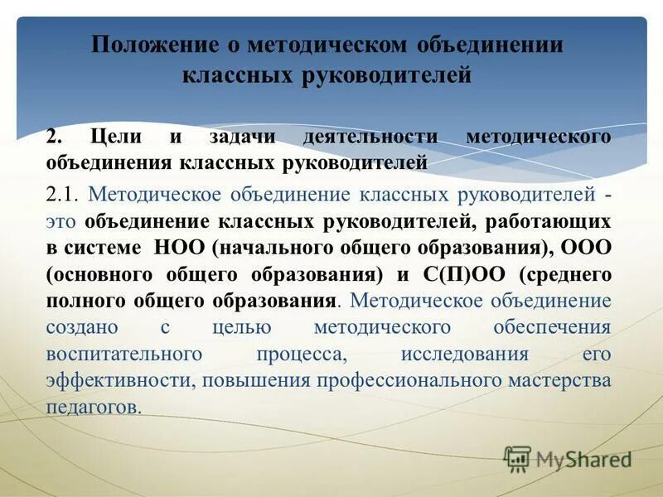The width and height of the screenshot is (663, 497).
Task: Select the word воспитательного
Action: [123, 354]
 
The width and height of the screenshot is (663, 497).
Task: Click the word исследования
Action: [465, 354]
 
